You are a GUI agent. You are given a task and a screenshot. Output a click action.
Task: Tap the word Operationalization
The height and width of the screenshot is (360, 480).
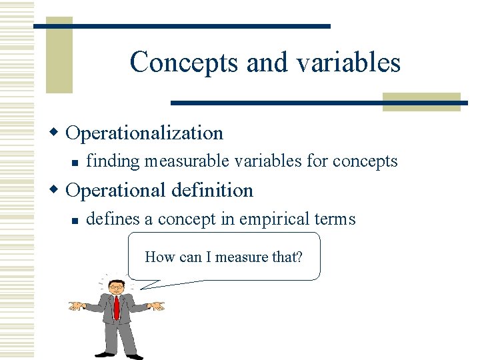point(145,133)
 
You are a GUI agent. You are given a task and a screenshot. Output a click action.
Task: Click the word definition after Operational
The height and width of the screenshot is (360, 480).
point(212,190)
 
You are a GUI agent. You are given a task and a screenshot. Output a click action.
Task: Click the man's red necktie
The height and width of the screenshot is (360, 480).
point(117,308)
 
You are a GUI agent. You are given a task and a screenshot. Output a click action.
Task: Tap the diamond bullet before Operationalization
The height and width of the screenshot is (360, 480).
point(59,133)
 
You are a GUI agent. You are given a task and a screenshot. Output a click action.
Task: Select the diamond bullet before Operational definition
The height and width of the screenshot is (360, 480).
point(59,190)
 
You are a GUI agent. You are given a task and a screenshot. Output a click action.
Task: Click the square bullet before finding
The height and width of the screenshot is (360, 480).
point(77,162)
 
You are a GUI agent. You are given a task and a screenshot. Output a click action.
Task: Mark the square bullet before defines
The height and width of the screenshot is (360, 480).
point(77,219)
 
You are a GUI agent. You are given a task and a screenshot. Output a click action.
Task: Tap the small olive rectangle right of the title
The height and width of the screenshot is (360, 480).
point(421,101)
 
